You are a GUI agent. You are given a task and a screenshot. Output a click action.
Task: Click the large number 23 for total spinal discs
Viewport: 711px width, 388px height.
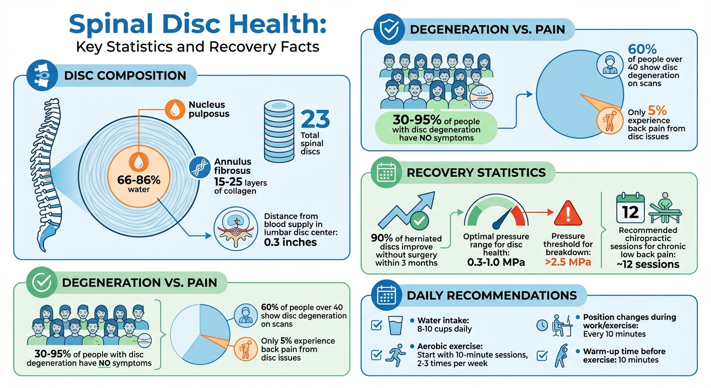[x=315, y=120]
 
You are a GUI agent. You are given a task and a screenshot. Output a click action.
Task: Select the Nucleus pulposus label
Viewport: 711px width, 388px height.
[x=209, y=109]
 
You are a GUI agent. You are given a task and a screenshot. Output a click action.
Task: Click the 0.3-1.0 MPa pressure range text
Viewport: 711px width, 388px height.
[x=496, y=263]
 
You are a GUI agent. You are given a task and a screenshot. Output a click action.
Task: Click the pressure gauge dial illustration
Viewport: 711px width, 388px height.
[x=496, y=212]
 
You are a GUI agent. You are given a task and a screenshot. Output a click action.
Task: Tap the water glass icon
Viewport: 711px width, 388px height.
[x=395, y=325]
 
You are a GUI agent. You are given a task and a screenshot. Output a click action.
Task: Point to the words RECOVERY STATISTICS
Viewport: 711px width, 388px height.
[x=476, y=173]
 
